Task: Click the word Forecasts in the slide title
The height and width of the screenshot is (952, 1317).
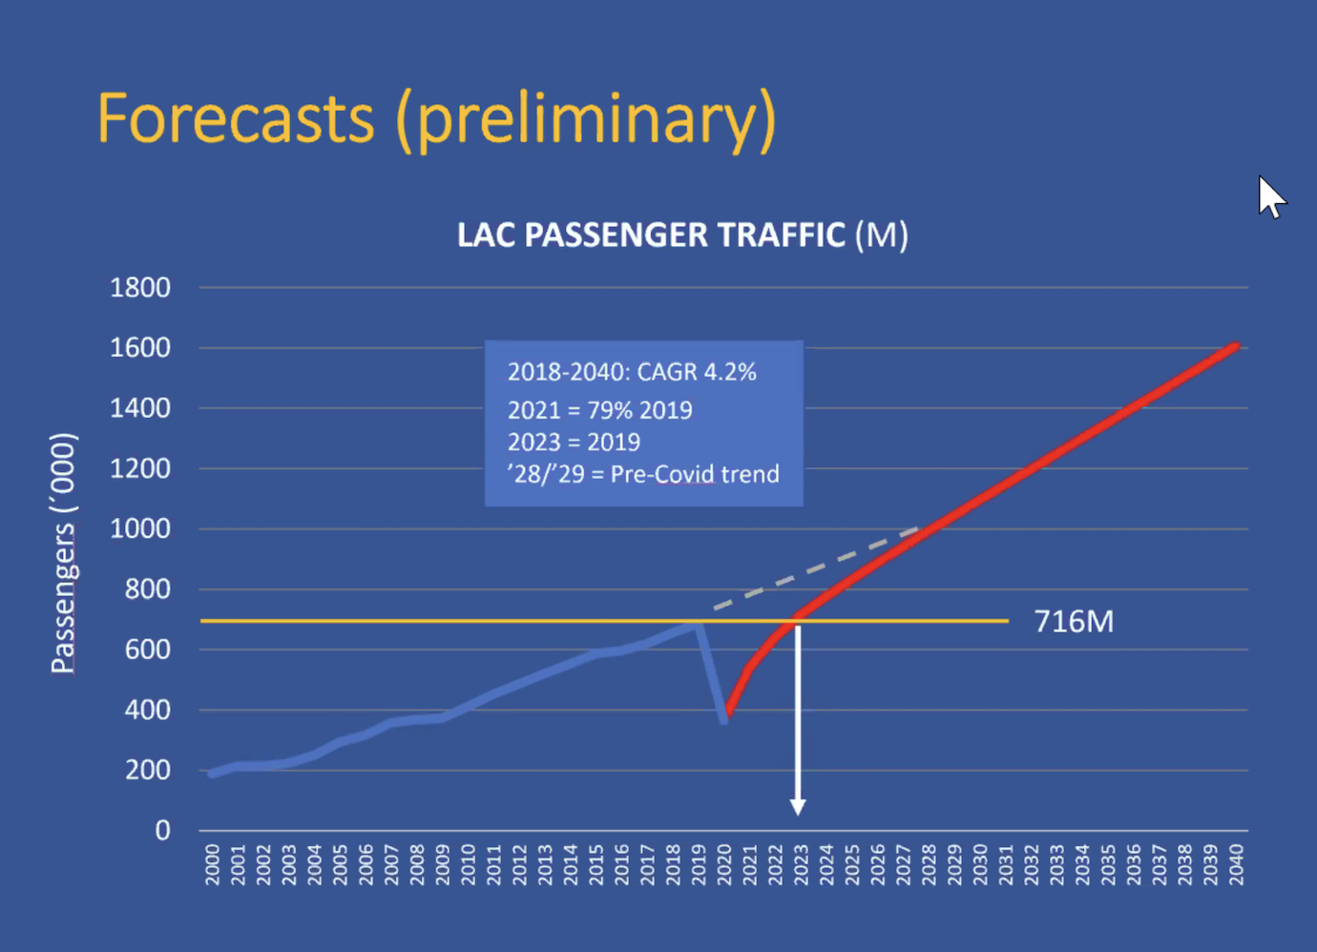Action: [236, 119]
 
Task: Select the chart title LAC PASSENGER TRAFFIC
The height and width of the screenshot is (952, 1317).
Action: [651, 235]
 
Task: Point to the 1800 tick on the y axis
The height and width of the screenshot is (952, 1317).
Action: [139, 287]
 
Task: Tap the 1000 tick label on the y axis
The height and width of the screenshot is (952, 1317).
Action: [139, 528]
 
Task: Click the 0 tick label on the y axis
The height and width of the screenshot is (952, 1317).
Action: [162, 830]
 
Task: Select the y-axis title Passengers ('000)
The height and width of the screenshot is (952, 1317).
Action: [63, 553]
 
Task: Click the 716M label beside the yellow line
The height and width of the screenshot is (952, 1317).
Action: [1074, 622]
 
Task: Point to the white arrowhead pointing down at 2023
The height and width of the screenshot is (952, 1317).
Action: [798, 807]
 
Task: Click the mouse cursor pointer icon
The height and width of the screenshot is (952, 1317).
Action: [1270, 197]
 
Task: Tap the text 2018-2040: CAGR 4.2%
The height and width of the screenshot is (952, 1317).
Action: [632, 372]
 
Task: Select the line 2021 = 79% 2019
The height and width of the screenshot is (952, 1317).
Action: [599, 410]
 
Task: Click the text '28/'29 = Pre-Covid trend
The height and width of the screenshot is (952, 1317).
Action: [643, 474]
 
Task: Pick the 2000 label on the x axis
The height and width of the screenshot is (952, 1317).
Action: [212, 864]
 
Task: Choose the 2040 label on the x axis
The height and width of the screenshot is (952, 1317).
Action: [1236, 864]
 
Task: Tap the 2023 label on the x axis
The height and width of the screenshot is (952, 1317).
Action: [801, 864]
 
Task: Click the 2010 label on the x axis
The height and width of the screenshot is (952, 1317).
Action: [468, 864]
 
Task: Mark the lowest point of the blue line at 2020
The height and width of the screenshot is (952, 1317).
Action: [724, 720]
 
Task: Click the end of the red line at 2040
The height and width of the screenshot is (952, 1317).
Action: [1236, 346]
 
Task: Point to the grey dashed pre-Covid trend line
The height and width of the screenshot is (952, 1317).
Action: [811, 570]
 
